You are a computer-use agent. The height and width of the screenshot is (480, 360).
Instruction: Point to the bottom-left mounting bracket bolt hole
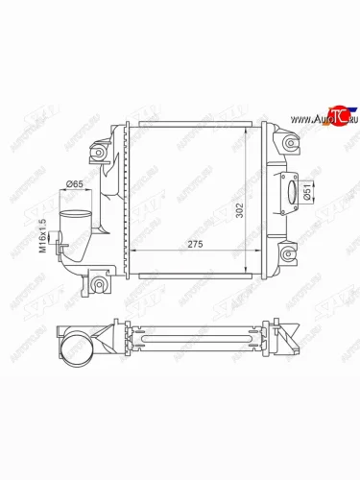click(x=96, y=285)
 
